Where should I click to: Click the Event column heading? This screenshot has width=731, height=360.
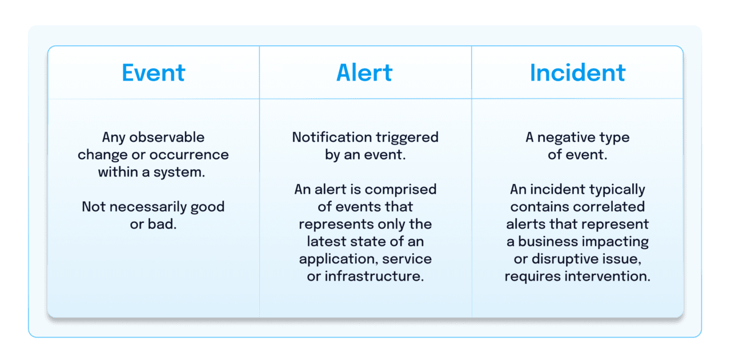tap(153, 73)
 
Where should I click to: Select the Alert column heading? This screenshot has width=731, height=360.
tap(364, 73)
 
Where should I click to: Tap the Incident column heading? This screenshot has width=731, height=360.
tap(577, 73)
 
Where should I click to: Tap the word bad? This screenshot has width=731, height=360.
tap(163, 224)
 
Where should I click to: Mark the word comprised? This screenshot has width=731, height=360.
tap(401, 189)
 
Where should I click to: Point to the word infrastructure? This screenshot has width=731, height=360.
tap(373, 276)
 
